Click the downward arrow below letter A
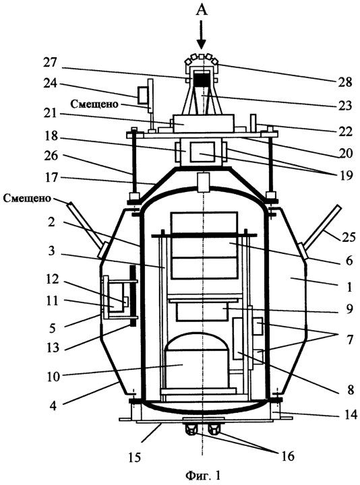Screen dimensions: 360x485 [202, 34]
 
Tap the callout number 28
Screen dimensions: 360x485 [345, 82]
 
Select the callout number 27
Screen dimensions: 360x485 [50, 63]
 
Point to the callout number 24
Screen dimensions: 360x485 [50, 84]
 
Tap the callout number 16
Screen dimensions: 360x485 [287, 456]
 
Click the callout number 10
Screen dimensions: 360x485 [53, 377]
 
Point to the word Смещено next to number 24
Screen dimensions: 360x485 [94, 104]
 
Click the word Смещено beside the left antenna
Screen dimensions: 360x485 [27, 198]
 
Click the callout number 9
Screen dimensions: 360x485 [349, 309]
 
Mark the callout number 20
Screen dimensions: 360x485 [345, 153]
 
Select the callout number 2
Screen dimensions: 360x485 [51, 222]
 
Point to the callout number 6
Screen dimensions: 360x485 [349, 261]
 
